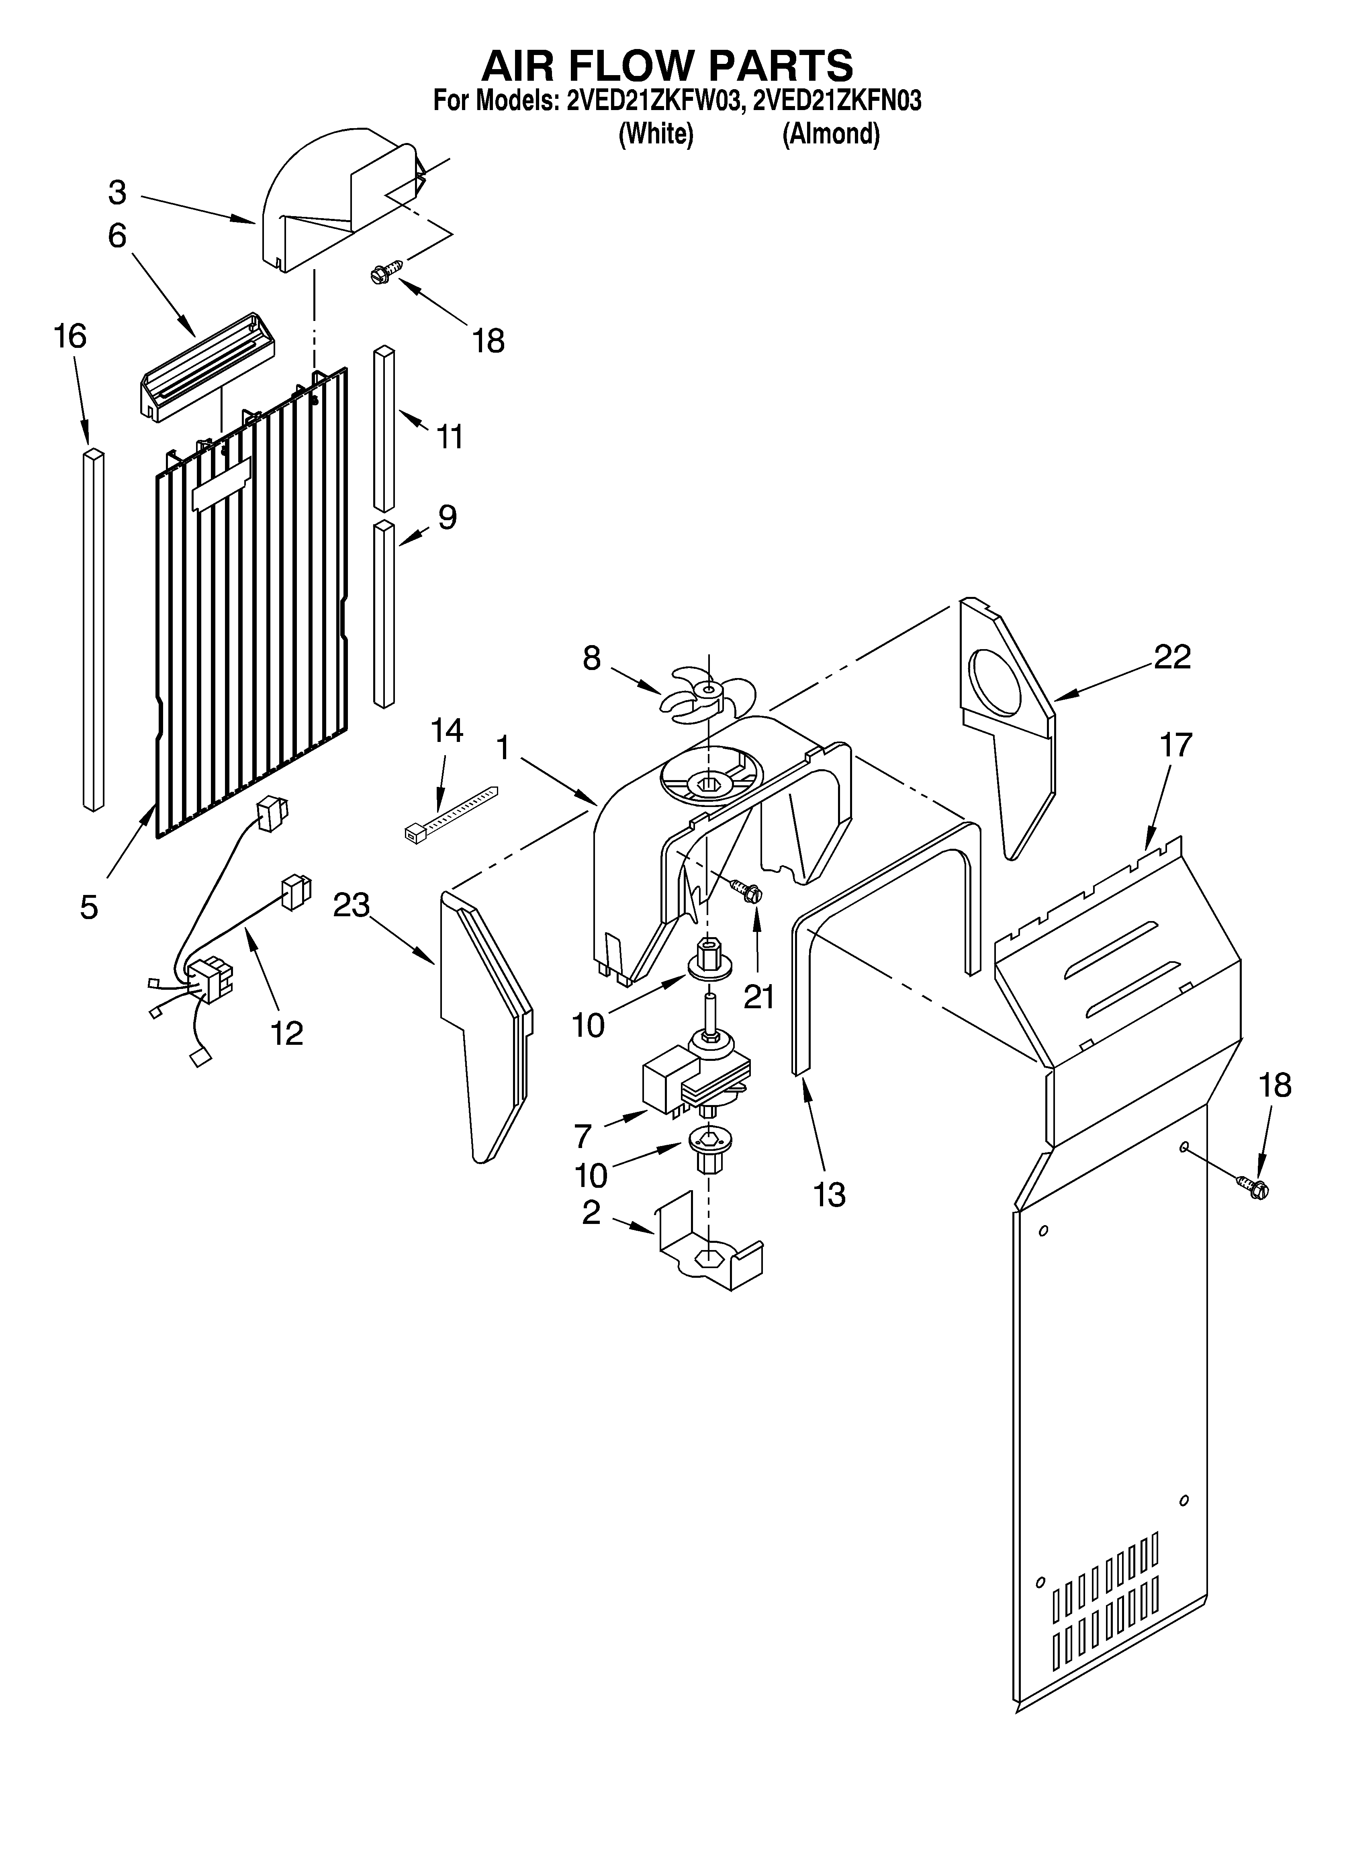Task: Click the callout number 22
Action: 1172,657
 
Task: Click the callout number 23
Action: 352,905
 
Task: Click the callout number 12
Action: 288,1033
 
